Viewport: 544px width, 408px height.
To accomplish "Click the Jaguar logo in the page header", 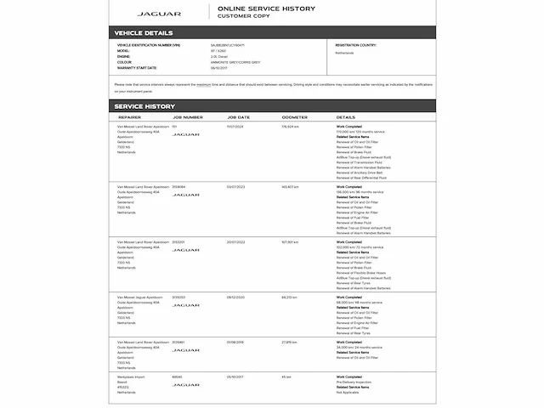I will coord(159,14).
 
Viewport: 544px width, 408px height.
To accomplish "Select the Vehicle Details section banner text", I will coord(144,33).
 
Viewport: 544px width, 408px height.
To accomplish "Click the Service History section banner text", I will coord(144,106).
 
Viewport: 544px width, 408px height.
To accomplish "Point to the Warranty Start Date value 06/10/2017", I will coord(219,67).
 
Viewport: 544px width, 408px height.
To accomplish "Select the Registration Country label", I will coord(356,44).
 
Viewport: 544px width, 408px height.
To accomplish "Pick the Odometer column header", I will coord(295,117).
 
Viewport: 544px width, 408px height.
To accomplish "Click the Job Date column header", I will coord(239,117).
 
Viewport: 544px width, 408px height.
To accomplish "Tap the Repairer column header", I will coord(130,117).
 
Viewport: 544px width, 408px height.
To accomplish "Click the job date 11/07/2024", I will coord(235,126).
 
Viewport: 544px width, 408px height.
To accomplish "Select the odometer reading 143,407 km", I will coord(291,186).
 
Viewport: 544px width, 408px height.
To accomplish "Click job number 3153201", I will coord(179,241).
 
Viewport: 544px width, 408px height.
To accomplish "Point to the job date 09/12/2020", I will coord(236,297).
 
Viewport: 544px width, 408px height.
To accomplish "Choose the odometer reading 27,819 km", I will coord(290,342).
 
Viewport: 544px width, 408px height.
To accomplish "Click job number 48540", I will coord(177,377).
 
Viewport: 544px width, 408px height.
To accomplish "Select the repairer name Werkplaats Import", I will coord(133,377).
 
